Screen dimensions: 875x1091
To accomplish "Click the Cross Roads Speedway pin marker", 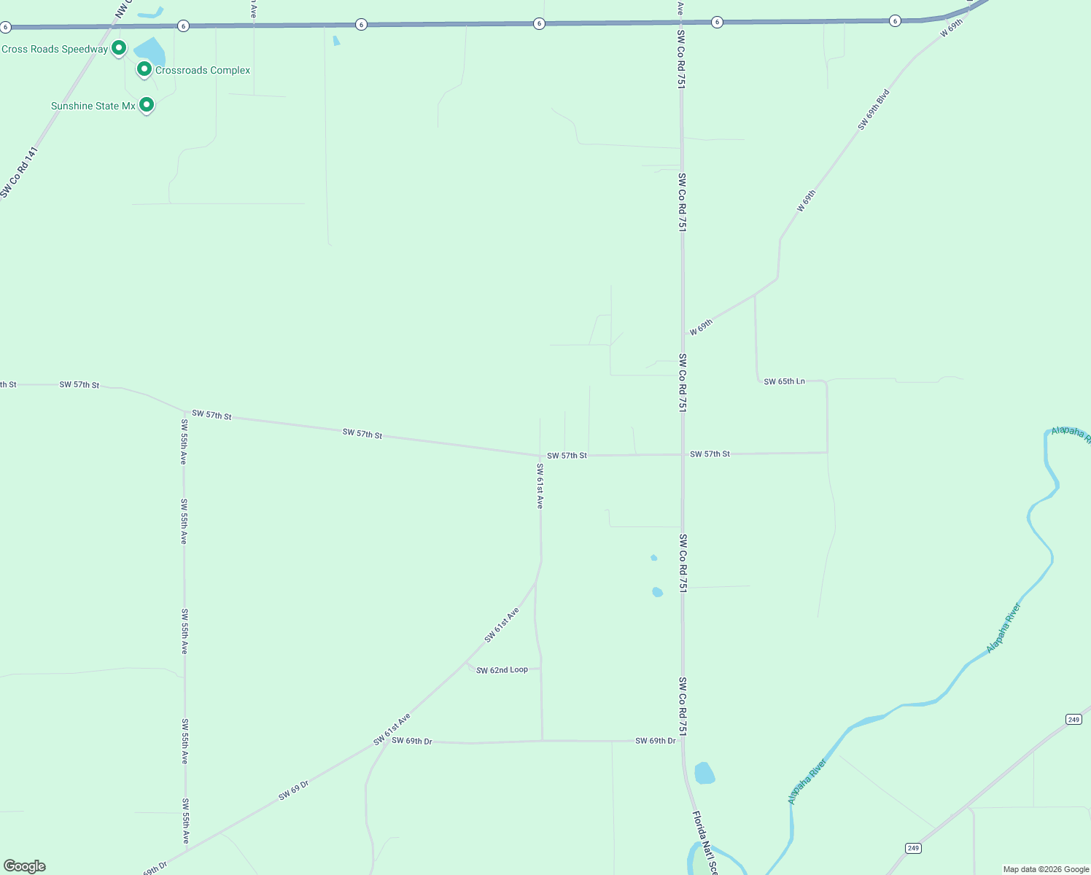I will tap(119, 48).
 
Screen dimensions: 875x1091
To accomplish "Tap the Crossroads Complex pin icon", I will tap(144, 69).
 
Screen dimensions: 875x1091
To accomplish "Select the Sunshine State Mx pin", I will tap(147, 105).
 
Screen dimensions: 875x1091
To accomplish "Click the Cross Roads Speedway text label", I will tap(55, 50).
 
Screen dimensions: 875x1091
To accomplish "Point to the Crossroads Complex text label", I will tap(203, 71).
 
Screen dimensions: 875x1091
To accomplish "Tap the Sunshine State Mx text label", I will tap(93, 106).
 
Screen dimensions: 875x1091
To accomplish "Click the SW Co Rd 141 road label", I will tap(18, 173).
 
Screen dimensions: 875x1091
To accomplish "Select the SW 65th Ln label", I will tap(784, 381).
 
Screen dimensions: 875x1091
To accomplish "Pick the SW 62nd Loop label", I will tap(502, 670).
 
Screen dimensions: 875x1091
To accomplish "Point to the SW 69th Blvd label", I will tap(873, 110).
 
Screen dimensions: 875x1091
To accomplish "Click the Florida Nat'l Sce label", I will tap(704, 842).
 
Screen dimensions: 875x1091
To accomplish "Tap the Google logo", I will tap(25, 866).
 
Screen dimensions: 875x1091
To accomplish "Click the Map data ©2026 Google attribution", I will tap(1046, 869).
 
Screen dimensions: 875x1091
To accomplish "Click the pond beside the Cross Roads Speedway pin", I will tap(150, 52).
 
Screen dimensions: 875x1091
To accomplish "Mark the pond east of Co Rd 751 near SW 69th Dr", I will tap(704, 773).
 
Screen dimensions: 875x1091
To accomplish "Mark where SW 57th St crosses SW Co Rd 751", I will tap(683, 454).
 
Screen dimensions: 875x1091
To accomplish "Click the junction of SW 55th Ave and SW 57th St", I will tap(184, 412).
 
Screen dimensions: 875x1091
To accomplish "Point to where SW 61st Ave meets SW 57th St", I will tap(540, 456).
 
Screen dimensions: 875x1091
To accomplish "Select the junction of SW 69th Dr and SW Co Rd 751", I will tap(683, 741).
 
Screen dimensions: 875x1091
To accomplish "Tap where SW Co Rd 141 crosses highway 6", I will tap(112, 27).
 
